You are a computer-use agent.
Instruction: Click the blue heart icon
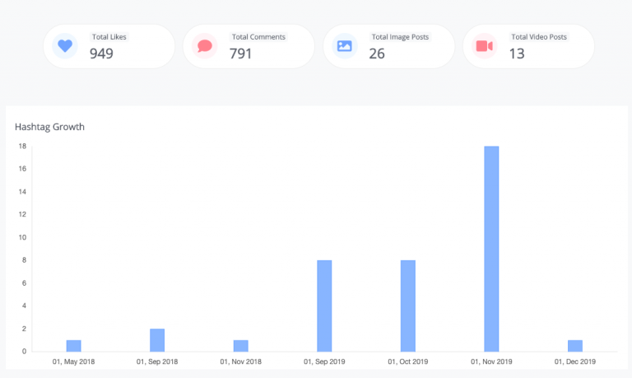[65, 45]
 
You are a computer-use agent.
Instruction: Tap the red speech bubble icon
[205, 46]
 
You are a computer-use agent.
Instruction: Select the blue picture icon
[345, 46]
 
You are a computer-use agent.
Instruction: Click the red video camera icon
[485, 46]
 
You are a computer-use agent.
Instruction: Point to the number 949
[101, 54]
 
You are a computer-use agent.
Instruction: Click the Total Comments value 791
[240, 54]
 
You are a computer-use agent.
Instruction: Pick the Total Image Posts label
[400, 37]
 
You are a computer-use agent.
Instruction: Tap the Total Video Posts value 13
[517, 54]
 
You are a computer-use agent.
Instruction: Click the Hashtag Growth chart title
[49, 127]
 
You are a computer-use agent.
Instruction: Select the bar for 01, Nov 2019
[491, 249]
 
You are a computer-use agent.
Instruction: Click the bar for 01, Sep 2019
[324, 306]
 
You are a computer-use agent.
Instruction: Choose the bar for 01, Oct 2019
[408, 306]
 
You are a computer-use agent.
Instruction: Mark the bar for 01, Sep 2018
[157, 340]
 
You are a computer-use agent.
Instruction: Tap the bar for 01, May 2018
[74, 346]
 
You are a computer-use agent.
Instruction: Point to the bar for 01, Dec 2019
[575, 346]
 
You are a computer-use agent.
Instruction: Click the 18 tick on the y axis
[22, 146]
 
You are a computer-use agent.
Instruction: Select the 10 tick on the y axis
[22, 237]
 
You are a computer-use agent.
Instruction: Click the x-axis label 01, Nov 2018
[240, 362]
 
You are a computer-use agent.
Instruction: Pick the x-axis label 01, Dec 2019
[575, 362]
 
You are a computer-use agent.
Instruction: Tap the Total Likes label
[109, 37]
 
